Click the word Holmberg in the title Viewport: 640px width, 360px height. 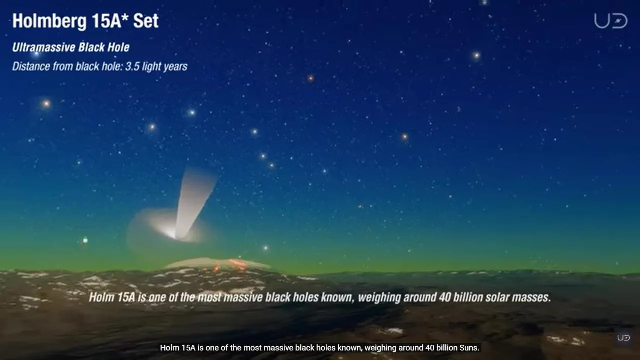point(49,21)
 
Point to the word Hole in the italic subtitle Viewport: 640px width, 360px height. point(118,47)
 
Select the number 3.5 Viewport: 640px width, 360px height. point(132,66)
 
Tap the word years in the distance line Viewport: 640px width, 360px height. point(175,67)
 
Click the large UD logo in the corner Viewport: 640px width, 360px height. point(611,21)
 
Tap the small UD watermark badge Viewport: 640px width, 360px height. point(623,338)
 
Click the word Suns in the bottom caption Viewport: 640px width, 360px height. point(469,348)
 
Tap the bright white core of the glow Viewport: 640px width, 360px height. point(171,232)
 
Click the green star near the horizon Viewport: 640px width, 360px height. point(85,240)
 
